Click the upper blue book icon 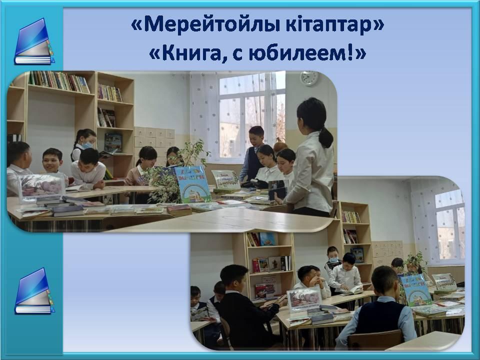[x=33, y=41]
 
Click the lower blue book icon [x=33, y=291]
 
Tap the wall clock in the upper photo [x=309, y=78]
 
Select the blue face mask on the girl [x=87, y=145]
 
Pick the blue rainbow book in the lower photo [x=415, y=290]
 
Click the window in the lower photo [x=449, y=224]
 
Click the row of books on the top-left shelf [x=59, y=81]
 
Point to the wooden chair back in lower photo [x=375, y=340]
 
